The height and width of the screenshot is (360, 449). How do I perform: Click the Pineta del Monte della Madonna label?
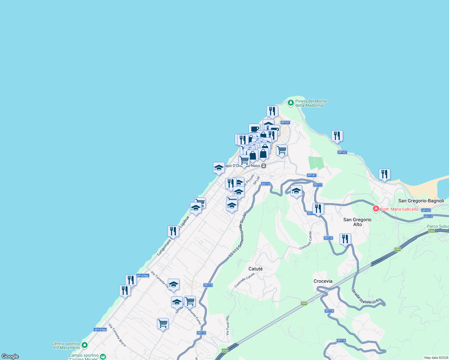(311, 103)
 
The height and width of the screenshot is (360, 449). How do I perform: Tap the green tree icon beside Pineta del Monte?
(291, 103)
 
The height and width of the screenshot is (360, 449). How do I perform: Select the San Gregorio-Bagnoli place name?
(421, 201)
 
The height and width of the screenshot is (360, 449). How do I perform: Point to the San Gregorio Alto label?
(357, 222)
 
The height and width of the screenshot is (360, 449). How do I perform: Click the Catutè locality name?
(255, 269)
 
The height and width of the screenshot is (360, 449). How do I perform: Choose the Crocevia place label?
(323, 281)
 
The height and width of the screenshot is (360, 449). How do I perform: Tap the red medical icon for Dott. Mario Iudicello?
(376, 209)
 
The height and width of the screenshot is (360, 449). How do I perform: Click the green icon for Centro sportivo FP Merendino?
(85, 345)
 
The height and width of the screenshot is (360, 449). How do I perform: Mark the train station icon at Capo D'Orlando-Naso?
(264, 166)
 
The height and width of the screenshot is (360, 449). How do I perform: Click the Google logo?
(10, 356)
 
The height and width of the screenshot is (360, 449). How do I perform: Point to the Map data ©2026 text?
(435, 358)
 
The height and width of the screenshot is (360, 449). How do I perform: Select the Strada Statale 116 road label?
(365, 297)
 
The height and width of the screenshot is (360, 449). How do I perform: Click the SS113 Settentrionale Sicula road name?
(237, 235)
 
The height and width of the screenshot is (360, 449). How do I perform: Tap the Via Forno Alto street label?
(228, 325)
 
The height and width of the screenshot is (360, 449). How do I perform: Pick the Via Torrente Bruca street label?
(117, 335)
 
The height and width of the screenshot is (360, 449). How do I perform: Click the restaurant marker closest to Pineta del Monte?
(272, 111)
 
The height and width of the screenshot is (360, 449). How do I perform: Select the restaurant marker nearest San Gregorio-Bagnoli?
(384, 174)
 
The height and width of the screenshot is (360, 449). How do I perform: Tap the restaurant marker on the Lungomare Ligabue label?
(173, 231)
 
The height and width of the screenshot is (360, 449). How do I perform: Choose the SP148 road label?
(256, 180)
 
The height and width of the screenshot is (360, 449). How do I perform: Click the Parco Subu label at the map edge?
(438, 226)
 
